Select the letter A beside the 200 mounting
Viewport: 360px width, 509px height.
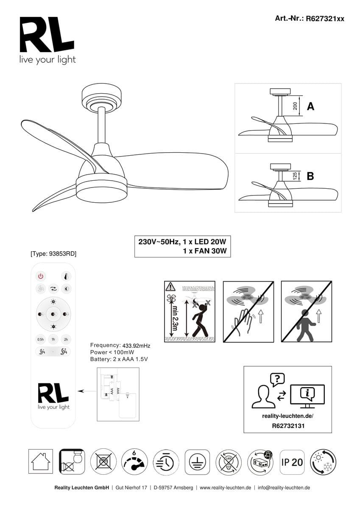(x=310, y=106)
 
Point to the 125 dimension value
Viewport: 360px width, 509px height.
(x=296, y=176)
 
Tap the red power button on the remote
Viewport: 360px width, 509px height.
(x=41, y=276)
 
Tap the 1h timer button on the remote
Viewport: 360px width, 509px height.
(x=53, y=339)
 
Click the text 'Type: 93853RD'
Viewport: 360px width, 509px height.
(x=53, y=254)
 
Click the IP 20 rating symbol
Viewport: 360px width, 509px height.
(x=292, y=461)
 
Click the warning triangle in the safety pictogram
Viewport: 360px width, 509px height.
(x=170, y=286)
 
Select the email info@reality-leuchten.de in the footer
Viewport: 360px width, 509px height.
(x=284, y=488)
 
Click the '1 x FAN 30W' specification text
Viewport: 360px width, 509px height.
(x=205, y=251)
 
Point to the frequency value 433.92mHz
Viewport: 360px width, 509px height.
(x=136, y=346)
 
